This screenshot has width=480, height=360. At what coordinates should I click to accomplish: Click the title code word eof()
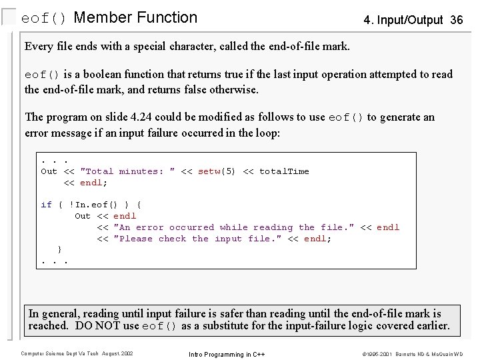pyautogui.click(x=44, y=18)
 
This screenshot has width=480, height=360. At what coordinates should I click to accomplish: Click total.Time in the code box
pyautogui.click(x=284, y=171)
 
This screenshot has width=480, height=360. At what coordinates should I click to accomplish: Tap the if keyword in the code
pyautogui.click(x=46, y=205)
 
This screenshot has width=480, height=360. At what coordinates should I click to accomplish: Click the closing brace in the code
pyautogui.click(x=61, y=249)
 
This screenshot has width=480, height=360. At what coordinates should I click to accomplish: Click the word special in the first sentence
pyautogui.click(x=155, y=47)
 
